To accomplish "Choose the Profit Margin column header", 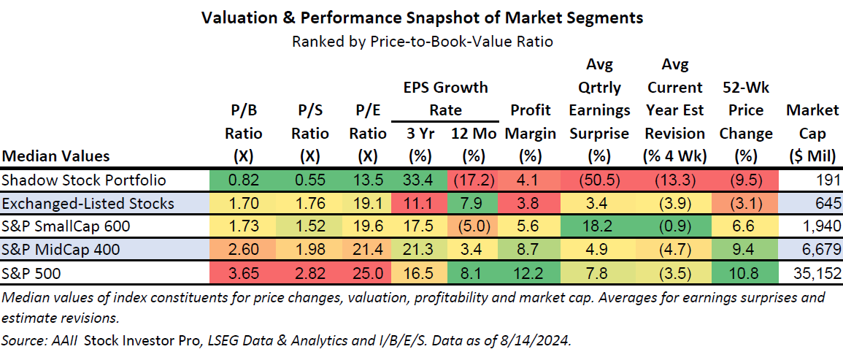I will click(531, 122).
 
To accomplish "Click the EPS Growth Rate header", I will click(445, 99).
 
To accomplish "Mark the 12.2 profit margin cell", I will click(531, 274).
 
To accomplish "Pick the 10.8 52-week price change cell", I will click(745, 274).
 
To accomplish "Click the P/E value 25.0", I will click(367, 274).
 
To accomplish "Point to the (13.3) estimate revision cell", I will click(675, 180).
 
